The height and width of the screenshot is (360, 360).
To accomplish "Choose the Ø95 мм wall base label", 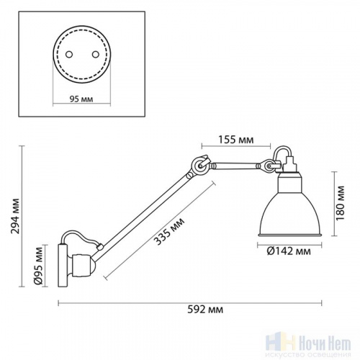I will coord(39,266).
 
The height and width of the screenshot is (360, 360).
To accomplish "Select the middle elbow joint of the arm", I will coord(199,167).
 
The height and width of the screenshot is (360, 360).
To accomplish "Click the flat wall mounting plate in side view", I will coord(62,266).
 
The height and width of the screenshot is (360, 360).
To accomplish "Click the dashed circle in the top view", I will coord(79,53).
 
